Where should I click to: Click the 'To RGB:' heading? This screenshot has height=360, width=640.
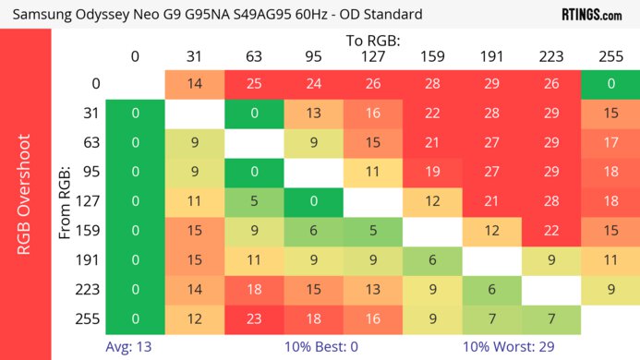click(x=372, y=41)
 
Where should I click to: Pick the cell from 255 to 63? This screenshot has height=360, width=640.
click(x=253, y=318)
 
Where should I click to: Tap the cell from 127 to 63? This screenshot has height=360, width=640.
click(x=253, y=201)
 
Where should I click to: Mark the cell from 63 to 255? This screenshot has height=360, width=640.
click(x=610, y=143)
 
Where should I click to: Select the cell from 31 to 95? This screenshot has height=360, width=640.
click(x=313, y=114)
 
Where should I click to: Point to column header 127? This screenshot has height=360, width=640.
click(x=372, y=56)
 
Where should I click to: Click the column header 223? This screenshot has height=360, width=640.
click(x=551, y=56)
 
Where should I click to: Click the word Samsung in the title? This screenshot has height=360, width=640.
click(x=42, y=15)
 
